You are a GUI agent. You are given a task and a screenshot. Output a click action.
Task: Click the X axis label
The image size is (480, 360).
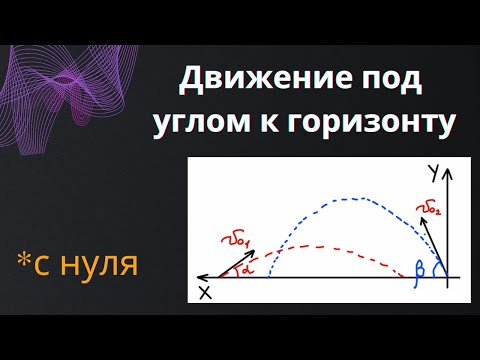point(204,291)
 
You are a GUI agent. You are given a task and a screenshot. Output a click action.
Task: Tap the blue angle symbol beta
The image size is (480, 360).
point(421,267)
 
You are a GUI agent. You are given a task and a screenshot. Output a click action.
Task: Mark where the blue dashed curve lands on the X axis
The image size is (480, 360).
point(270,274)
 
